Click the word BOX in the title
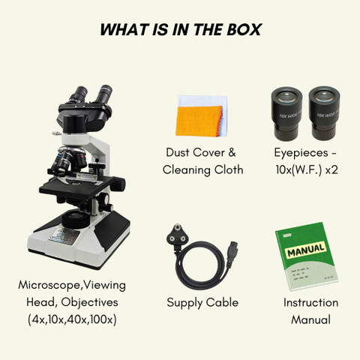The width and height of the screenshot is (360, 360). [244, 29]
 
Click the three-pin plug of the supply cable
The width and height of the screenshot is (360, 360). [178, 238]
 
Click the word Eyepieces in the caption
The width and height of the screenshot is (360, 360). [301, 153]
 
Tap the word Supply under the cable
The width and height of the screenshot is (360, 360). [184, 303]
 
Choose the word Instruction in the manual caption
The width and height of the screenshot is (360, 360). [310, 302]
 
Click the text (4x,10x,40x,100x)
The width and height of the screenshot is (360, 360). [72, 319]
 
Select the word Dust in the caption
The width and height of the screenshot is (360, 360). [178, 152]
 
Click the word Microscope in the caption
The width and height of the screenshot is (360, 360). [50, 285]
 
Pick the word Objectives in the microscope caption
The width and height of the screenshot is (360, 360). [89, 302]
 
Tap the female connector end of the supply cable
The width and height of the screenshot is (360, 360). [232, 253]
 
